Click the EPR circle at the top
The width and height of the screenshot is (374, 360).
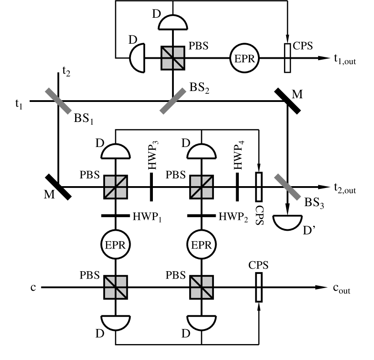pyautogui.click(x=244, y=58)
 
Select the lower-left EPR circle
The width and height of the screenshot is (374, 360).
pyautogui.click(x=116, y=245)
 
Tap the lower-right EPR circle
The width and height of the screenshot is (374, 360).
pyautogui.click(x=202, y=245)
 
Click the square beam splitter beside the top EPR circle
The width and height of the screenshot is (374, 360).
pyautogui.click(x=173, y=58)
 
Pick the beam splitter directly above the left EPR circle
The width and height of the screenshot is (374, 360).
pyautogui.click(x=116, y=187)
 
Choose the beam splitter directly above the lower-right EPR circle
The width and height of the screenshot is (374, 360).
pyautogui.click(x=202, y=187)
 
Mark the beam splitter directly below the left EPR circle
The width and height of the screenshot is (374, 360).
pyautogui.click(x=116, y=287)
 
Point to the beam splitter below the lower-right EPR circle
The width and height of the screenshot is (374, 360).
pyautogui.click(x=202, y=287)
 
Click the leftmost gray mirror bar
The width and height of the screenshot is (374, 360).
pyautogui.click(x=58, y=101)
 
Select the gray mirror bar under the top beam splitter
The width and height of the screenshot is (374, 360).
pyautogui.click(x=173, y=101)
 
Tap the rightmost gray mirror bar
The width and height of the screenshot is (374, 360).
pyautogui.click(x=288, y=187)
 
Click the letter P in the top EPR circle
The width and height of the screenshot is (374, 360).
pyautogui.click(x=244, y=59)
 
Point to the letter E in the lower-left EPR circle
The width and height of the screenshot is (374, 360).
pyautogui.click(x=108, y=245)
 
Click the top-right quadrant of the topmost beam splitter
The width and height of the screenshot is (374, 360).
pyautogui.click(x=178, y=53)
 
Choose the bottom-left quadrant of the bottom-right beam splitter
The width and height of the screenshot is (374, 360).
pyautogui.click(x=196, y=293)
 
